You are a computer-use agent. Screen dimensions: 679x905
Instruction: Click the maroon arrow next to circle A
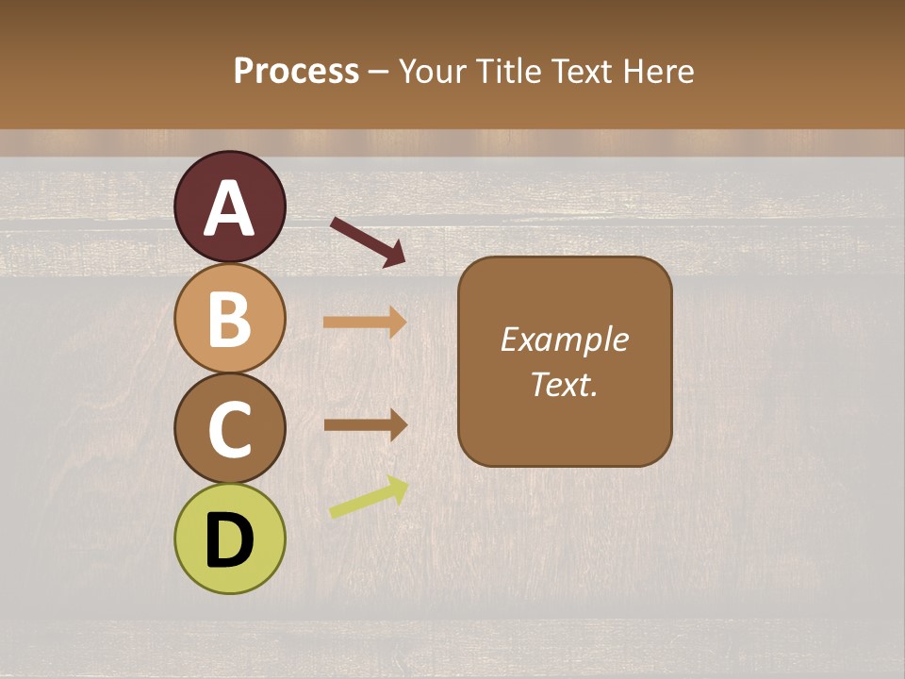click(368, 241)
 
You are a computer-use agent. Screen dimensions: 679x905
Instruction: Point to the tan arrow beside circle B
click(365, 323)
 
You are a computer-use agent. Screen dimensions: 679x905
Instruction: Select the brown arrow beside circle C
click(365, 425)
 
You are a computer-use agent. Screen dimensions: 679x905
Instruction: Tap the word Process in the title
click(296, 71)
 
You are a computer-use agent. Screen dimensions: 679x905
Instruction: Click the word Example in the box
click(565, 339)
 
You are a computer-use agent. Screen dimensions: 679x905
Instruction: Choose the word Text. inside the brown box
click(565, 385)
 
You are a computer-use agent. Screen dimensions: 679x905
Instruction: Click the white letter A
click(230, 209)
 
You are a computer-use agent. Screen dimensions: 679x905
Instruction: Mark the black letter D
click(230, 541)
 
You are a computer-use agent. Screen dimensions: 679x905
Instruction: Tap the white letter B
click(230, 319)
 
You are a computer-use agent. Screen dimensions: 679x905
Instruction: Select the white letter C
click(230, 430)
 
